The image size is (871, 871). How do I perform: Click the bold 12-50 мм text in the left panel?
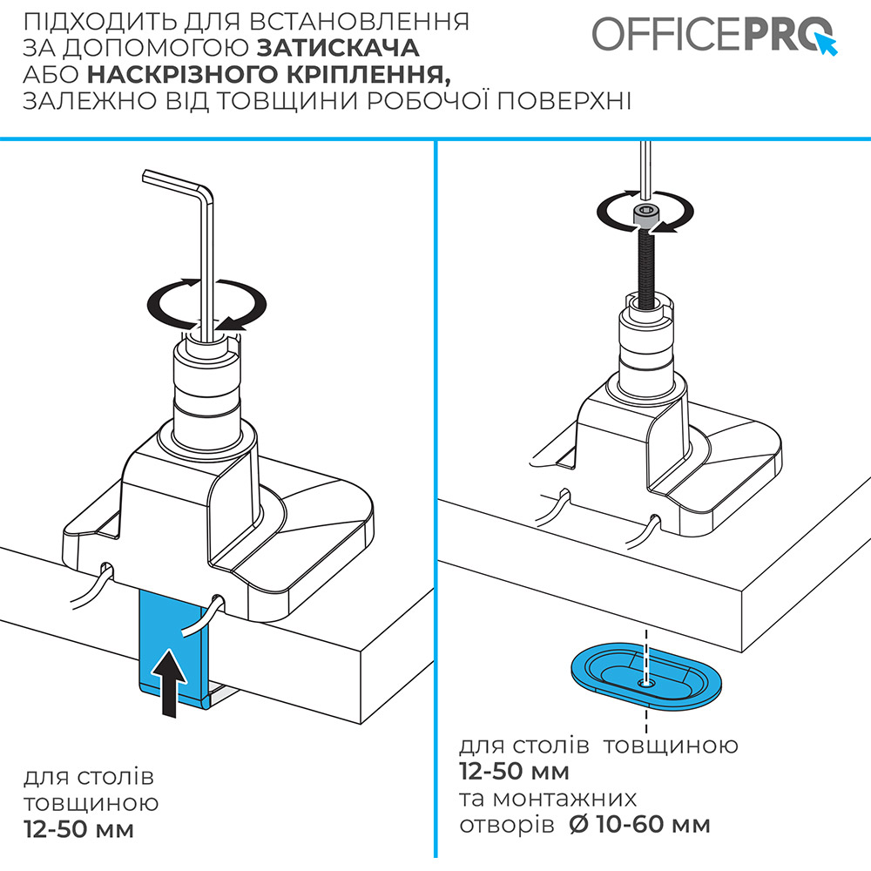pyautogui.click(x=79, y=828)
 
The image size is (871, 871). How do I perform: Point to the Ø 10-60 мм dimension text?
pyautogui.click(x=639, y=824)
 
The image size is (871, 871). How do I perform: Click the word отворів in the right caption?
pyautogui.click(x=505, y=824)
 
